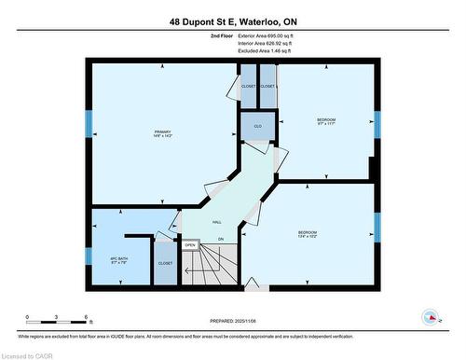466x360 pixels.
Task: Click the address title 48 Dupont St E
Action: click(x=233, y=21)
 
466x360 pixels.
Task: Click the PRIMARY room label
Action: click(x=163, y=133)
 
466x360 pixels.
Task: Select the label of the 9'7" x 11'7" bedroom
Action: click(x=325, y=121)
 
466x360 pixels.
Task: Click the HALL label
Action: click(x=216, y=222)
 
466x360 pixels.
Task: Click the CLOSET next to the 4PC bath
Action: click(x=165, y=262)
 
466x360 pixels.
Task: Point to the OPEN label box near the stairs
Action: click(x=189, y=245)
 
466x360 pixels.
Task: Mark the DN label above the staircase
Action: click(x=221, y=241)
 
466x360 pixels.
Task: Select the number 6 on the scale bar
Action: click(x=86, y=318)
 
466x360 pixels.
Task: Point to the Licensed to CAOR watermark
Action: click(x=28, y=354)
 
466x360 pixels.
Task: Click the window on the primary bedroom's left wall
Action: click(x=89, y=124)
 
